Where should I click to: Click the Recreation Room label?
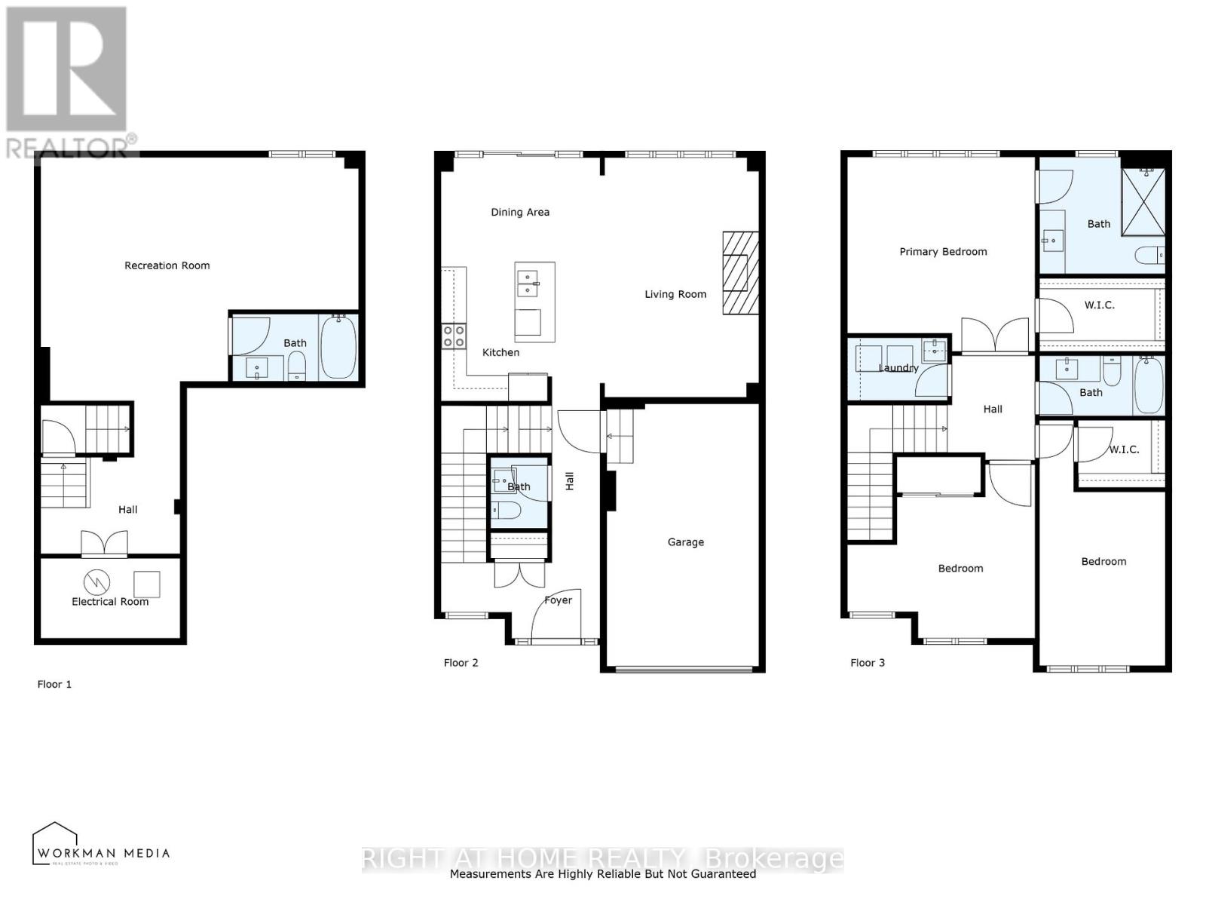[x=167, y=265]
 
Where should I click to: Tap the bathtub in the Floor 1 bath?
[x=338, y=348]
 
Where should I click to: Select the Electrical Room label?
[x=110, y=602]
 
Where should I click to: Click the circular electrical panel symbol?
[x=96, y=581]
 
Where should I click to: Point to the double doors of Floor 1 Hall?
[x=105, y=544]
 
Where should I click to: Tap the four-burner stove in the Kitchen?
[x=454, y=336]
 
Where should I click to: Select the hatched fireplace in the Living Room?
[x=740, y=273]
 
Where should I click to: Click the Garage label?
[x=685, y=542]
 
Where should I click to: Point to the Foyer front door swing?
[x=554, y=617]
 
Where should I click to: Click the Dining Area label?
[x=520, y=212]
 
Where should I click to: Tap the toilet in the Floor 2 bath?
[x=506, y=512]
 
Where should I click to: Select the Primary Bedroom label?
[x=943, y=252]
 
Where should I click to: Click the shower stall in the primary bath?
[x=1143, y=201]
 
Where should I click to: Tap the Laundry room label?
[x=898, y=368]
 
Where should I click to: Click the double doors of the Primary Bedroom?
[x=995, y=336]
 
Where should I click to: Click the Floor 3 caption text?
[x=868, y=663]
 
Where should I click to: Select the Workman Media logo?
[x=101, y=845]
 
